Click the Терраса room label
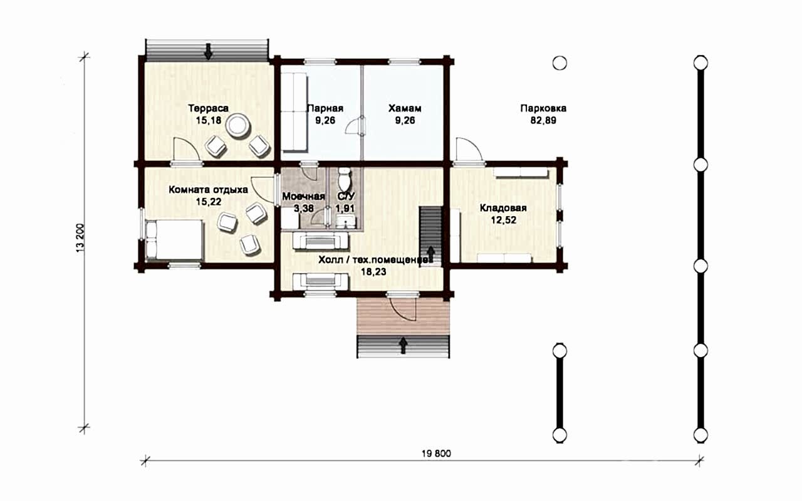[x=209, y=108]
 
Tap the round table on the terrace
[x=237, y=126]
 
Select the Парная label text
[x=325, y=108]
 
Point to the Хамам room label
[x=405, y=108]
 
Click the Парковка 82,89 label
[x=543, y=114]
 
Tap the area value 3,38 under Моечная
[x=304, y=209]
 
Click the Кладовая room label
[x=503, y=208]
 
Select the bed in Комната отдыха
[x=174, y=240]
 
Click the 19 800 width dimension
[x=437, y=454]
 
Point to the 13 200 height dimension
[x=80, y=238]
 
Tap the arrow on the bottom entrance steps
[x=404, y=345]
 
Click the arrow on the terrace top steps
[x=207, y=52]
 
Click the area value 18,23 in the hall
[x=373, y=272]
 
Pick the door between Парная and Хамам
[x=355, y=126]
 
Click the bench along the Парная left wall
[x=294, y=111]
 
